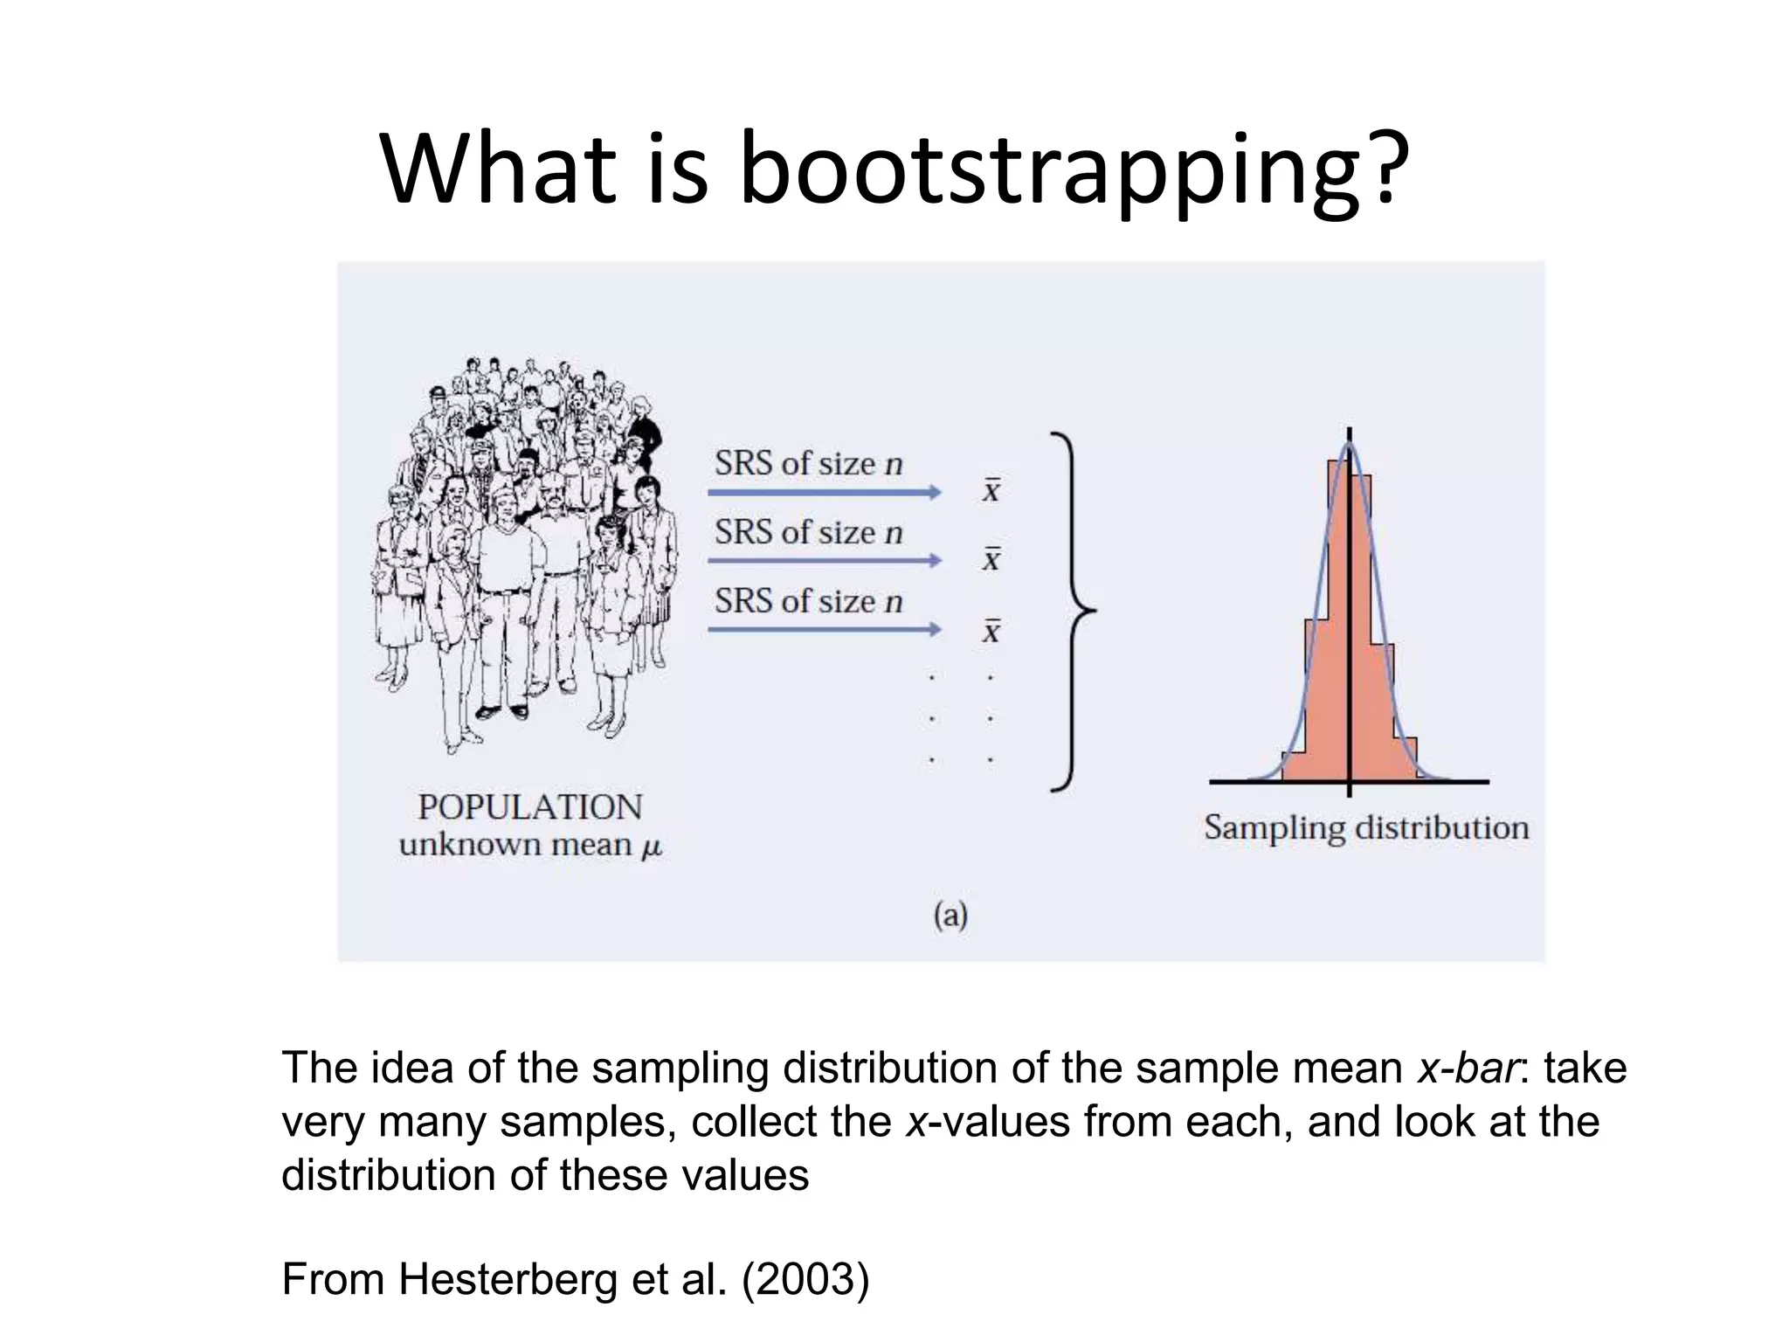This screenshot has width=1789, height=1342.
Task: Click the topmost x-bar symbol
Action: [x=991, y=490]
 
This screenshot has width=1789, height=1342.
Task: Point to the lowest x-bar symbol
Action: [x=991, y=630]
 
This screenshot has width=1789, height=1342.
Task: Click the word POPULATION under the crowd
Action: [x=529, y=807]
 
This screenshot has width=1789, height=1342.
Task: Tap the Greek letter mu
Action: [x=652, y=847]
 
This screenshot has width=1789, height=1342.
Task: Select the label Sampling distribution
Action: [x=1366, y=827]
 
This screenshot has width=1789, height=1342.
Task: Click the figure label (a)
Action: [x=950, y=916]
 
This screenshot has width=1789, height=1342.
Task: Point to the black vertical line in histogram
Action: [x=1350, y=612]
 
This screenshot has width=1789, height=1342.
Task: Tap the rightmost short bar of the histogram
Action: [x=1405, y=759]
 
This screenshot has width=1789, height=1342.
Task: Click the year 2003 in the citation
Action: [x=805, y=1279]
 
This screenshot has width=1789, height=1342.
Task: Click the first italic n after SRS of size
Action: [x=893, y=464]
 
